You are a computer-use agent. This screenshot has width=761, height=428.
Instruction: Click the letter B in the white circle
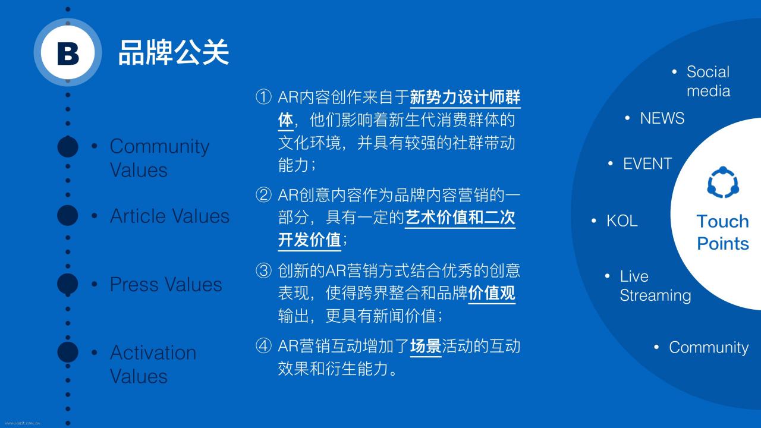point(68,53)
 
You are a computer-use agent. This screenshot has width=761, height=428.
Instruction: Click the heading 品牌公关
point(174,52)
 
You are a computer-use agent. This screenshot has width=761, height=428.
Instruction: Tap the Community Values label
point(159,158)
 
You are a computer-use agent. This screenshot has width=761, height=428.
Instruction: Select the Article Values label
point(169,216)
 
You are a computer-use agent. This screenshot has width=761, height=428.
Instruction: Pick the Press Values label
point(166,284)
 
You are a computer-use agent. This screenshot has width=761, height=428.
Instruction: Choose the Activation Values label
point(153,364)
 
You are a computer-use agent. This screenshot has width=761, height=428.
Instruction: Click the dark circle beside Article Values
point(68,215)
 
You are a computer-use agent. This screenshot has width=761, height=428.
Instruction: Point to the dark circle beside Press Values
point(68,284)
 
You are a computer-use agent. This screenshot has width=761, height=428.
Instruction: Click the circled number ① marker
point(263,97)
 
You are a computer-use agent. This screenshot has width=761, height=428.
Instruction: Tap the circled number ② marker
point(263,195)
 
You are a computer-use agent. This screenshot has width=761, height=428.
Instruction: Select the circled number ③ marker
point(263,270)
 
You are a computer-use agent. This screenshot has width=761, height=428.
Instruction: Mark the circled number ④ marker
point(263,346)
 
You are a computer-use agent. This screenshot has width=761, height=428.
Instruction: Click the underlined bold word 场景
point(426,347)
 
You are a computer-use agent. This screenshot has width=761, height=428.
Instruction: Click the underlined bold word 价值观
point(492,293)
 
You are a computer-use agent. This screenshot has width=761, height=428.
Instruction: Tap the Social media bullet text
point(708,81)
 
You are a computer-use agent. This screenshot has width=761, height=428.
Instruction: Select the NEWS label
point(662,118)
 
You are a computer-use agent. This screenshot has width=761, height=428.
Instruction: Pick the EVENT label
point(647,163)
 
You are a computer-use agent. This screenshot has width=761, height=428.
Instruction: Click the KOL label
point(622,221)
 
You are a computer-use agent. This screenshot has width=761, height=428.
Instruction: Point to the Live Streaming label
point(655,286)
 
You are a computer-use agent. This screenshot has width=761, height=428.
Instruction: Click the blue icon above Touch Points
point(723,182)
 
